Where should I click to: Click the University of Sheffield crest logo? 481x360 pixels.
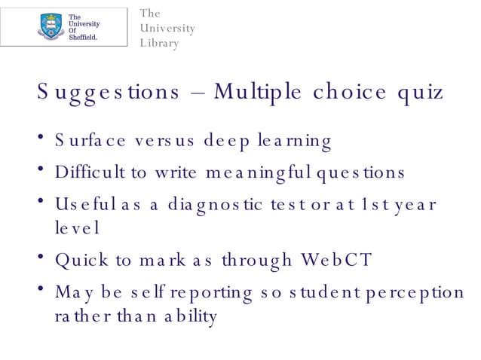point(51,26)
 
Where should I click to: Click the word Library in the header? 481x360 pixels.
point(159,44)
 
